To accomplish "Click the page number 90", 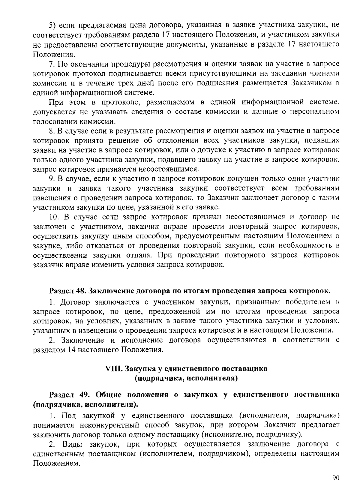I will pos(335,478).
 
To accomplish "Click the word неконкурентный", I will pos(109,425).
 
